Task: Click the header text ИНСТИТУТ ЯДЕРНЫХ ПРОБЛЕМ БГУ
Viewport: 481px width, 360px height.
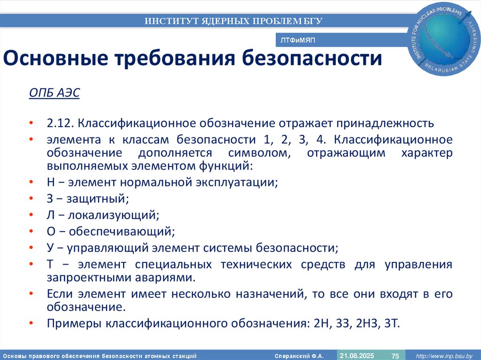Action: [233, 21]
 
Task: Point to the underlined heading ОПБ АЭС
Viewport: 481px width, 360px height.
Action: [54, 93]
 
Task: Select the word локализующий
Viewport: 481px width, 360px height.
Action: [113, 215]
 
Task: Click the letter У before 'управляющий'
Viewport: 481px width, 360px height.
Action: [51, 248]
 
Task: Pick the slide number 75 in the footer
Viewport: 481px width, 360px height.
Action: [395, 355]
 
